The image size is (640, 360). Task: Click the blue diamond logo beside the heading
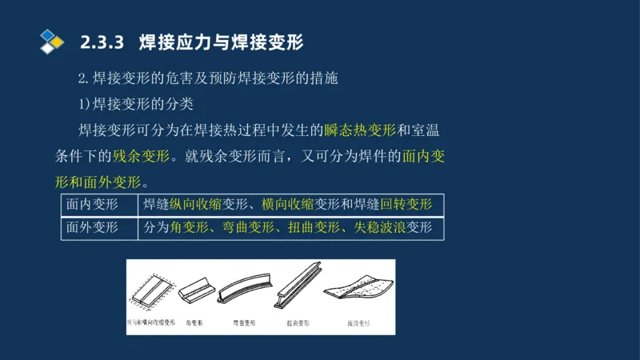click(x=51, y=41)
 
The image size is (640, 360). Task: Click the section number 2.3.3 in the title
click(x=103, y=42)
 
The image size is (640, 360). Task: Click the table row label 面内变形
click(x=92, y=204)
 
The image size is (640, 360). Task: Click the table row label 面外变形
click(x=92, y=228)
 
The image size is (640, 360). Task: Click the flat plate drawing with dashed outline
click(x=152, y=291)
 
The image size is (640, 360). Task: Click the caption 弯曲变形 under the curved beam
click(x=244, y=324)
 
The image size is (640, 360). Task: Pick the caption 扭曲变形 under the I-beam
click(x=298, y=324)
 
